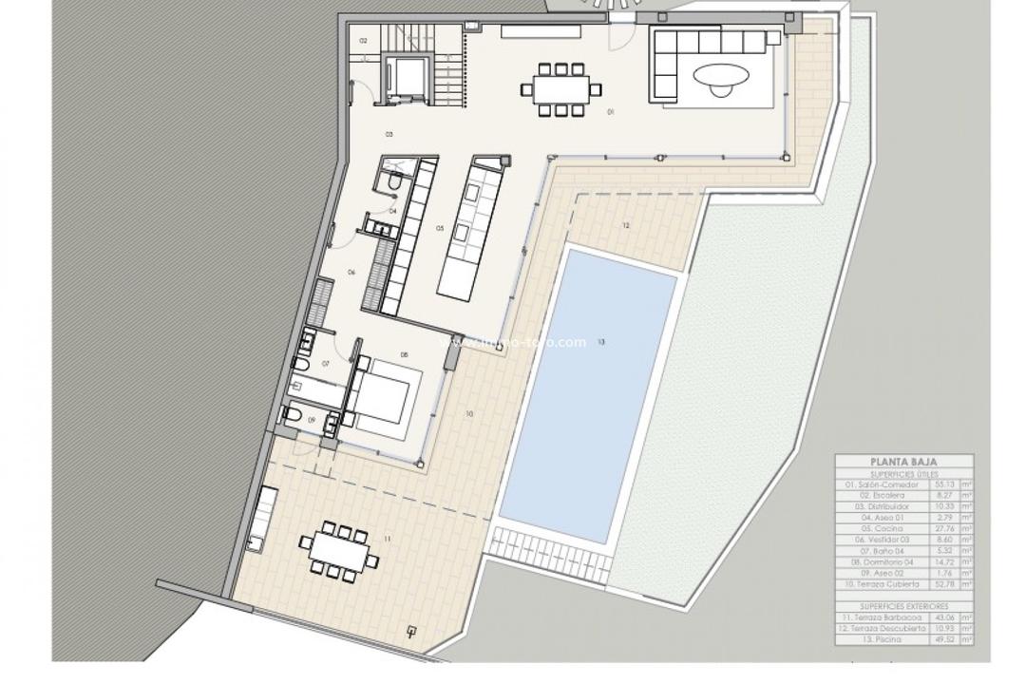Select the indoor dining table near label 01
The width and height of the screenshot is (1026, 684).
pos(560,89)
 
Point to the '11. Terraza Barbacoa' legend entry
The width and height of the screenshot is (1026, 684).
pos(882,617)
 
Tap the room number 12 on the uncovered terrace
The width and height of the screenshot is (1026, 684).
pos(626,226)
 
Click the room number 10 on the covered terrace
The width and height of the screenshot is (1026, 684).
pos(469,414)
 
